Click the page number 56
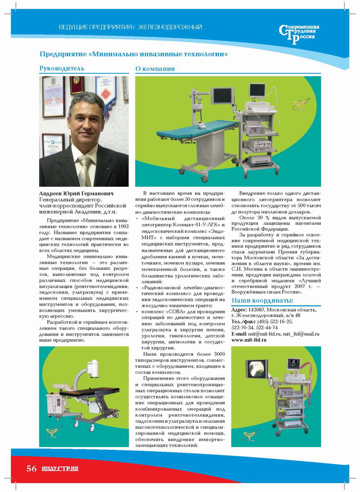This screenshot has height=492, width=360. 31,469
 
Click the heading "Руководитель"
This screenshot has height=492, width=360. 62,69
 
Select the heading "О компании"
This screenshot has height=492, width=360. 155,69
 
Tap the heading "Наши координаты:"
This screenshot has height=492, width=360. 262,300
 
